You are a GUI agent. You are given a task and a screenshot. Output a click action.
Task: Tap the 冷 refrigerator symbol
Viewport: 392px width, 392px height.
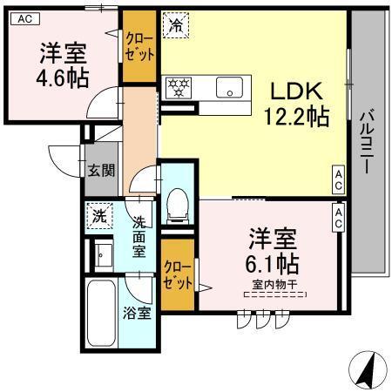point(175,25)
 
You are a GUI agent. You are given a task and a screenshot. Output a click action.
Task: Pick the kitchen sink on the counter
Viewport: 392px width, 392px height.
point(230,86)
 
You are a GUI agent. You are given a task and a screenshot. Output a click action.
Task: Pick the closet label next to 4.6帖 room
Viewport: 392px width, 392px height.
point(140,46)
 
